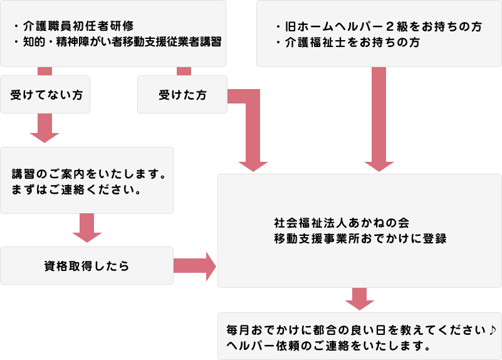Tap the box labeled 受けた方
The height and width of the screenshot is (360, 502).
pos(182,95)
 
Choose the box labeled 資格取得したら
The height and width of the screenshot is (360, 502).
pos(86,265)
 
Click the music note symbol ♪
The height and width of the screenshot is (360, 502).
pos(492,330)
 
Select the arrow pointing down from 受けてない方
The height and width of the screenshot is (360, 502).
pos(44,129)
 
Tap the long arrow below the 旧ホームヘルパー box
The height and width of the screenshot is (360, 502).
pos(379,119)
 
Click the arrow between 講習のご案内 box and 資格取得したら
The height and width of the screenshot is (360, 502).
pos(87,229)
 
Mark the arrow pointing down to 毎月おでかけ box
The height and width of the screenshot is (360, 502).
pos(359,299)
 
